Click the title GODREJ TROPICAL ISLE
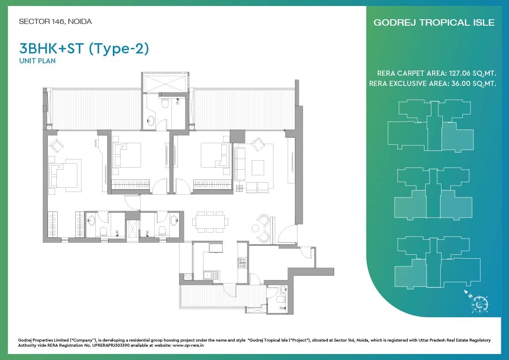434,22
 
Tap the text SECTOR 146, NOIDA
55,21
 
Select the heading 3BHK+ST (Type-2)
84,49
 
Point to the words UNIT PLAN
37,61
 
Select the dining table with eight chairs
210,222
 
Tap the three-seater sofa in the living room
240,164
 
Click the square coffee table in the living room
258,168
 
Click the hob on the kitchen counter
242,263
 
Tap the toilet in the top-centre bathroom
165,103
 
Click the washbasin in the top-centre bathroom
150,121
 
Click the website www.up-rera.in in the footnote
188,345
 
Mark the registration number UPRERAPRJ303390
111,345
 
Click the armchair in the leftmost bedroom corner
56,145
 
